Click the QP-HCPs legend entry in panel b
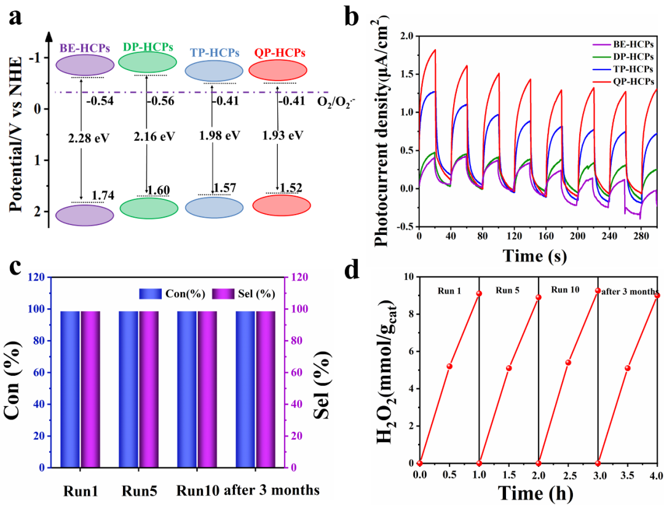coord(630,81)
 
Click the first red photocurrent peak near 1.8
coord(435,50)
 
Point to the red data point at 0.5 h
coord(449,366)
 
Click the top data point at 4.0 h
coord(657,295)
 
